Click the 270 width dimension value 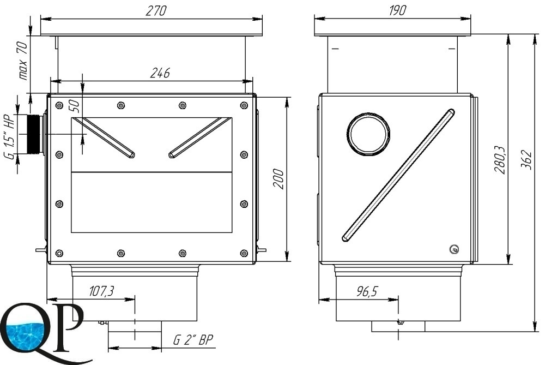tap(156, 11)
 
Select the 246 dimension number tap(160, 73)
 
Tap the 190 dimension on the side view tap(397, 10)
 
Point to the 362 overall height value tap(526, 160)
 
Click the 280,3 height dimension tap(500, 160)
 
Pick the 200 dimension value tap(278, 179)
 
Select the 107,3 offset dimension tap(101, 291)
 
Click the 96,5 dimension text tap(367, 291)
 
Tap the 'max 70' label tap(22, 61)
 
